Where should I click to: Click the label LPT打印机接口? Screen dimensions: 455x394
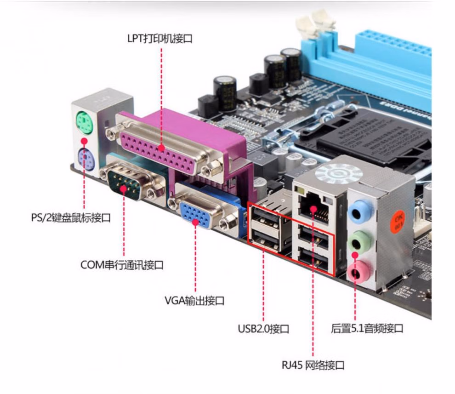click(x=159, y=39)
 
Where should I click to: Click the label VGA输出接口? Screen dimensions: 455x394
click(x=194, y=301)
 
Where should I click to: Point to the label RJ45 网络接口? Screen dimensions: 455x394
click(x=313, y=365)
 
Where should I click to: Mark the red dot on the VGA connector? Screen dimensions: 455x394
click(x=195, y=222)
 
